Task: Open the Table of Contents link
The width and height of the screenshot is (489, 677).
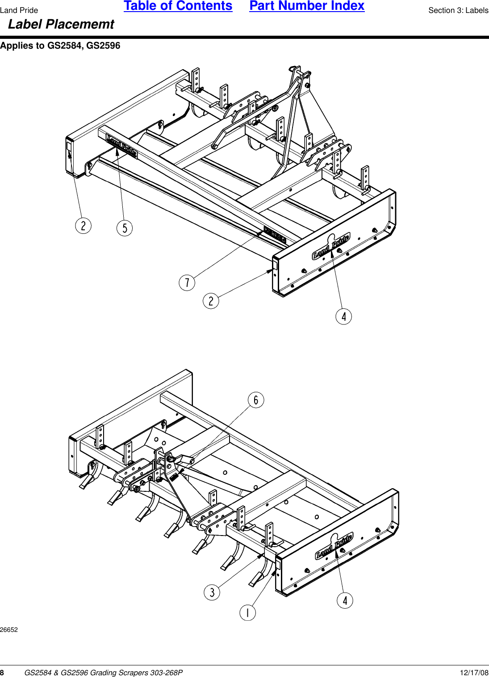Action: [178, 6]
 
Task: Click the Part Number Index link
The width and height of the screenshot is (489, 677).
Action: [307, 6]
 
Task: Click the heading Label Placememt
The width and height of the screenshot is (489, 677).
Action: [61, 25]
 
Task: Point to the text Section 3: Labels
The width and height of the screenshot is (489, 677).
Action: [458, 10]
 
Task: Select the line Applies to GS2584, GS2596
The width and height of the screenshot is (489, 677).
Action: [60, 46]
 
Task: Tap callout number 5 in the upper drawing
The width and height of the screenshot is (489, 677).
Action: [125, 228]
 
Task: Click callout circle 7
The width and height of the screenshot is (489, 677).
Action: [187, 282]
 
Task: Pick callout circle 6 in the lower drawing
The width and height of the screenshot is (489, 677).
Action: [256, 400]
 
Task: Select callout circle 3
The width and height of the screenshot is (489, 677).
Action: [212, 592]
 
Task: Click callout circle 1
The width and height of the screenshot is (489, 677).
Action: [248, 612]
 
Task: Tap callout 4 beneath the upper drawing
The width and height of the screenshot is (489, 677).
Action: [343, 316]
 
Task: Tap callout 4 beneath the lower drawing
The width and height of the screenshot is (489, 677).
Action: [345, 600]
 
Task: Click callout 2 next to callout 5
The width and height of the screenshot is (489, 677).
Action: [83, 225]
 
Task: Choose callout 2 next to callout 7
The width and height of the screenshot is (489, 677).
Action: [211, 301]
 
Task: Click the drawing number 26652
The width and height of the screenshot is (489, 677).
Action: [9, 630]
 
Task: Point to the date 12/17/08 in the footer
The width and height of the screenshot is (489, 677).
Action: [474, 673]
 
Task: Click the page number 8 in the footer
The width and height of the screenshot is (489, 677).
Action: [2, 673]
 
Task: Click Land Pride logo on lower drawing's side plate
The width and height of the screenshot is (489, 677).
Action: [334, 546]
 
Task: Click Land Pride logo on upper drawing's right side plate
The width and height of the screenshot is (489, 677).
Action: [331, 246]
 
